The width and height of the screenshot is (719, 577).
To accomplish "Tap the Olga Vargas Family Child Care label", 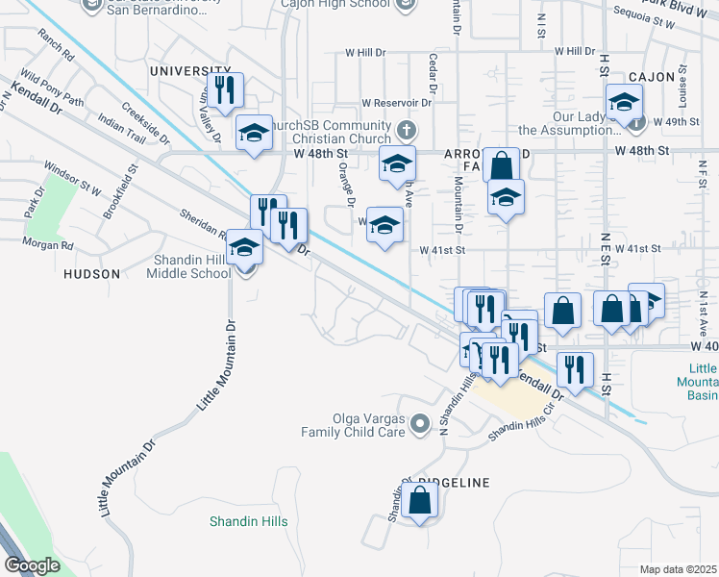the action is [x=354, y=424].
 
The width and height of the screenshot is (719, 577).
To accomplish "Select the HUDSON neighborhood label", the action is [x=91, y=274].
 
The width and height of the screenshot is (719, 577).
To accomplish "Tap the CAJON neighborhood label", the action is [x=654, y=76].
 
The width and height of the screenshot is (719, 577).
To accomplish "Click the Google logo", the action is [x=32, y=565].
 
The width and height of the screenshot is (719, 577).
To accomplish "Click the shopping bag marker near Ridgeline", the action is [x=420, y=500].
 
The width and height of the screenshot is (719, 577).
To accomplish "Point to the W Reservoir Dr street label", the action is [x=396, y=103].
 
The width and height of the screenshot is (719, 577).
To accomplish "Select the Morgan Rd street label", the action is [x=54, y=245].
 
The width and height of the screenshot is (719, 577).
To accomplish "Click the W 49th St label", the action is [x=675, y=122].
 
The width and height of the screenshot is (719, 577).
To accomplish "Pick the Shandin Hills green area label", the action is [x=249, y=522].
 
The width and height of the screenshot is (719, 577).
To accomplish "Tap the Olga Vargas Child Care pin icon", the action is [x=420, y=423].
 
